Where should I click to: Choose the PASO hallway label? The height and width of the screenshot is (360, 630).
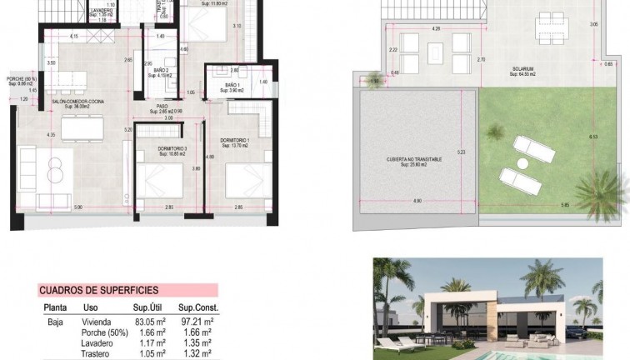coord(162,107)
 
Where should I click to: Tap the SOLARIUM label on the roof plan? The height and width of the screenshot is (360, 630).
coord(522,70)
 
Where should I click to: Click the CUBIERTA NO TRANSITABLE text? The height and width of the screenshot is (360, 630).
coord(414,158)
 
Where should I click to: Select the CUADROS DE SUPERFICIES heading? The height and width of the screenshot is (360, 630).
coord(99,291)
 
